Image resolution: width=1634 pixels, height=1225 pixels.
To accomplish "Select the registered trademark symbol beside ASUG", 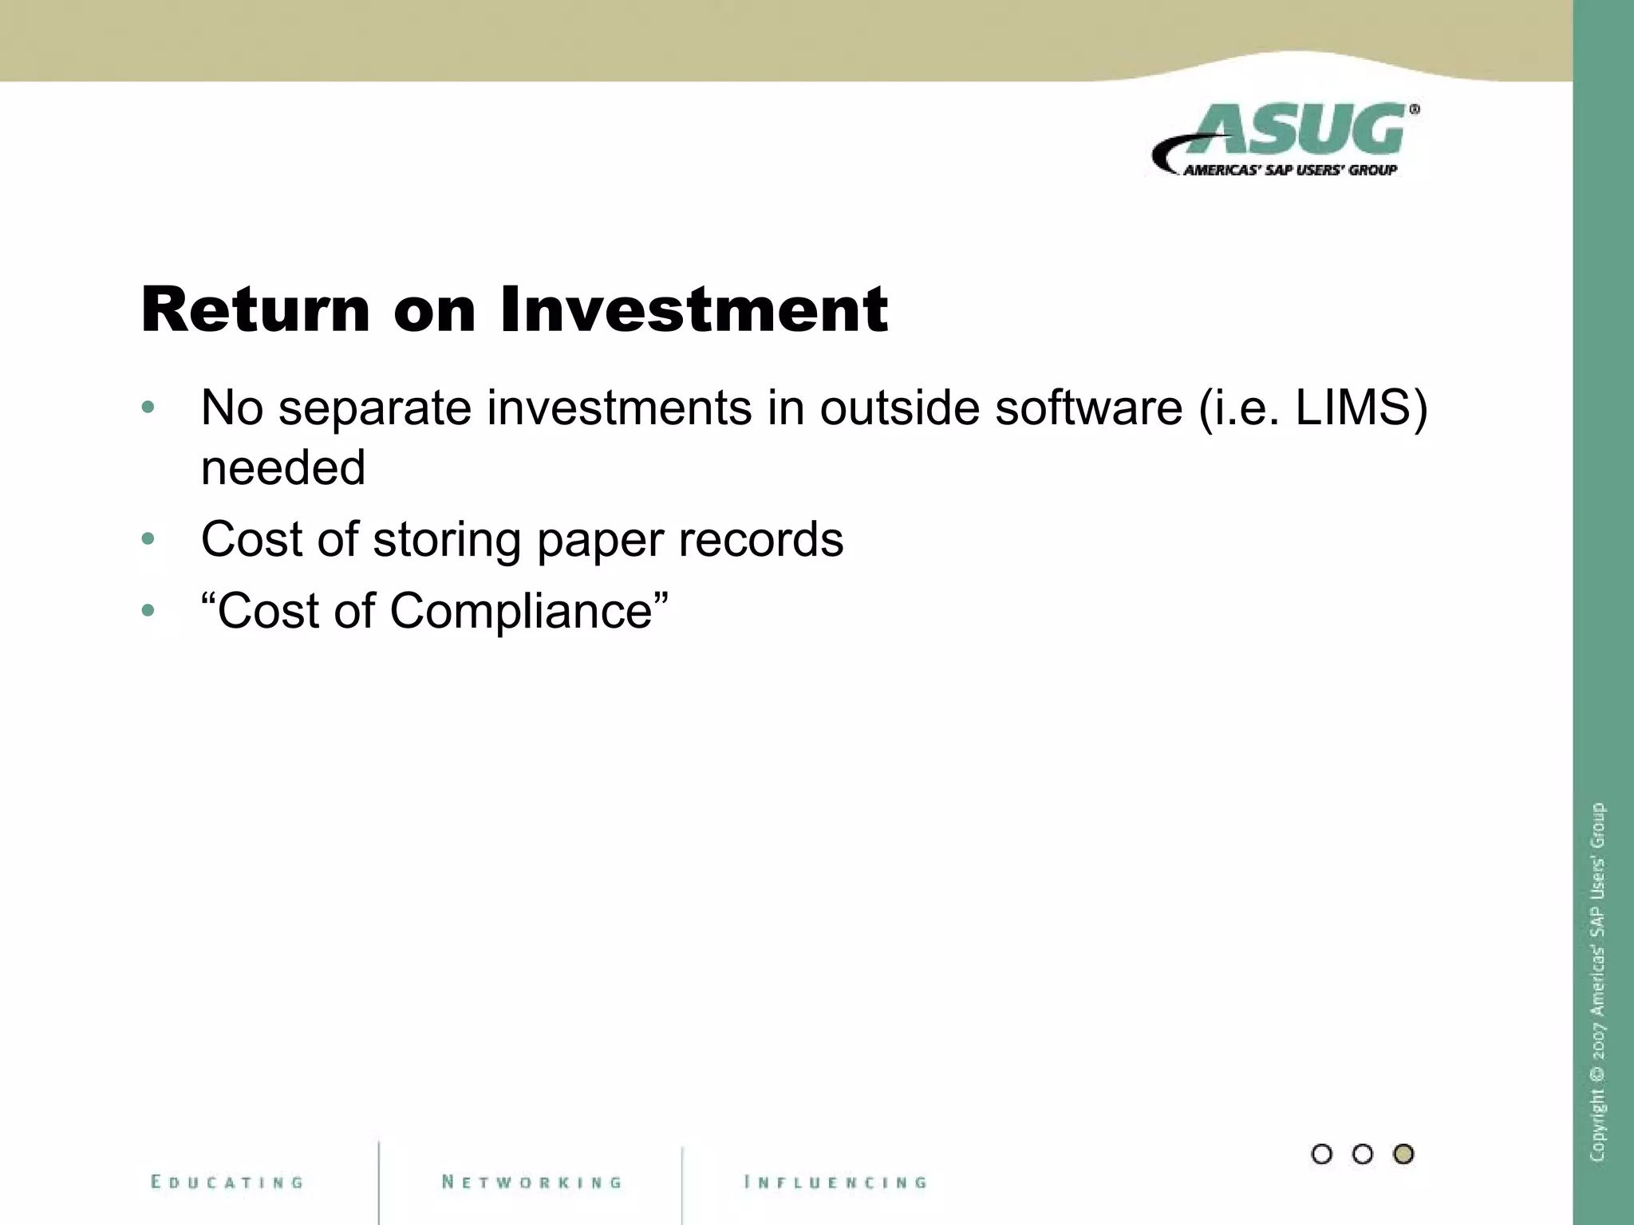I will pyautogui.click(x=1414, y=110).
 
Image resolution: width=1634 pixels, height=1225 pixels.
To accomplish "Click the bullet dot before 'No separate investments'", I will pyautogui.click(x=148, y=408).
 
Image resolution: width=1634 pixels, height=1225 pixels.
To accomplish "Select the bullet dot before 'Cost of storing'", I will pyautogui.click(x=148, y=540).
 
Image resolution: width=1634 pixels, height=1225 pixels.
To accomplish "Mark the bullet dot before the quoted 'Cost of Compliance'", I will pyautogui.click(x=148, y=612).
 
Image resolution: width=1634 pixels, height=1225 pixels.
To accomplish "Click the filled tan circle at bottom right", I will pyautogui.click(x=1403, y=1154).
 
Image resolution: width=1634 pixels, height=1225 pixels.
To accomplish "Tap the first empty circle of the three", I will pyautogui.click(x=1321, y=1154).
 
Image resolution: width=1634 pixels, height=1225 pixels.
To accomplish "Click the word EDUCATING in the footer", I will pyautogui.click(x=227, y=1182).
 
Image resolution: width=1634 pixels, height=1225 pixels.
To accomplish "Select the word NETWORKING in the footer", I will pyautogui.click(x=532, y=1182).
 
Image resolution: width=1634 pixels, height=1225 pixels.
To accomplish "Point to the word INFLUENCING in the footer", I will pyautogui.click(x=835, y=1182).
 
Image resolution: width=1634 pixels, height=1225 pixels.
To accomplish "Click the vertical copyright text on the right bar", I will pyautogui.click(x=1597, y=981).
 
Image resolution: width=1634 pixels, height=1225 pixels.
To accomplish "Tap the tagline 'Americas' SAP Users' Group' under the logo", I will pyautogui.click(x=1289, y=170).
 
